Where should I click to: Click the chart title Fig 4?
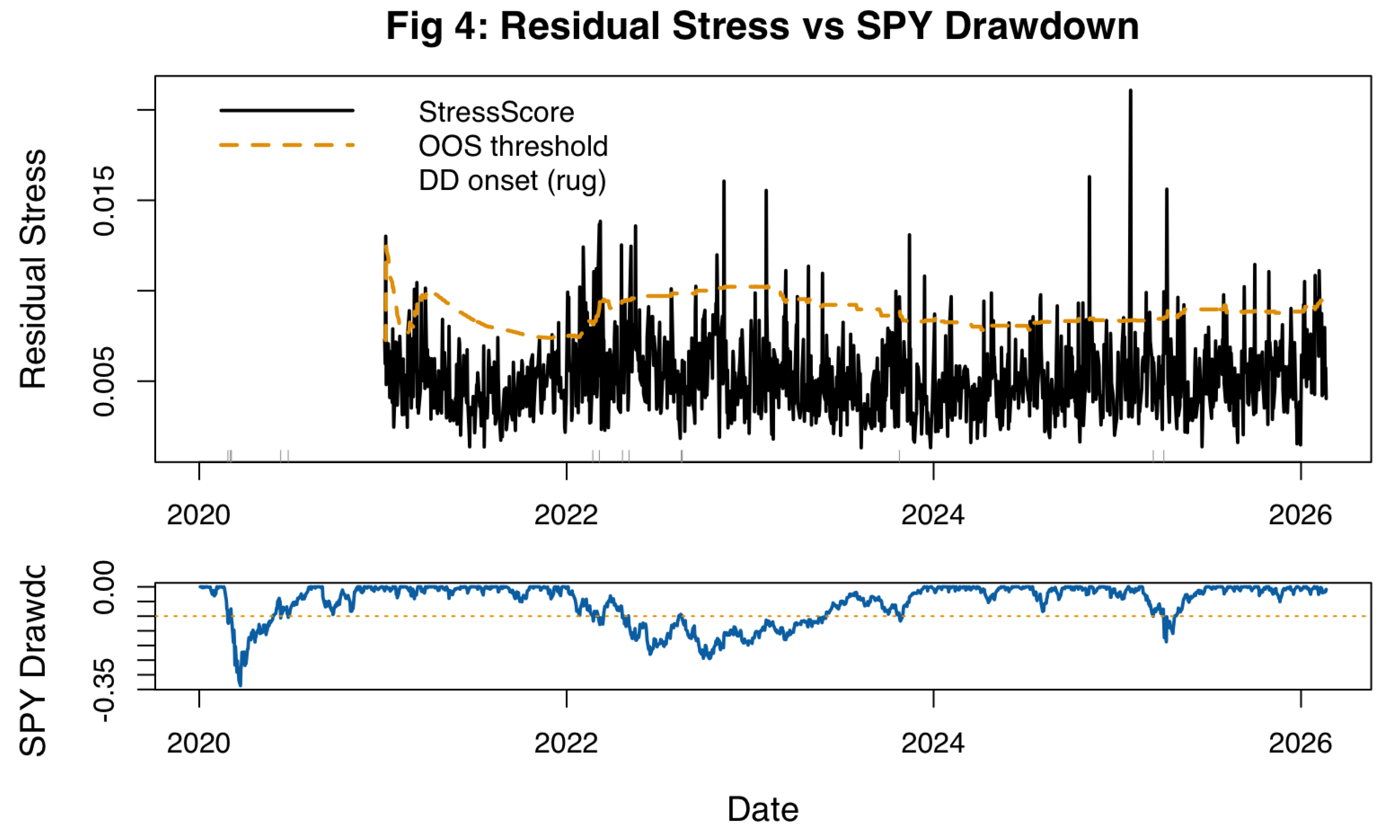(x=762, y=26)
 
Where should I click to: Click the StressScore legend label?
(x=496, y=112)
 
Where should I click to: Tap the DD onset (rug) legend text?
(x=512, y=181)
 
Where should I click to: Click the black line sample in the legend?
(x=287, y=111)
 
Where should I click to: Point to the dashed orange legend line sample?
(x=287, y=145)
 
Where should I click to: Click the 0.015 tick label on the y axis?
(x=104, y=200)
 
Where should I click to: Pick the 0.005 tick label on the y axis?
(x=104, y=381)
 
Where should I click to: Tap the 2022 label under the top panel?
(x=566, y=515)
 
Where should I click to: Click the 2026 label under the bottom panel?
(x=1300, y=743)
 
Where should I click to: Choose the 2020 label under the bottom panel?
(x=198, y=743)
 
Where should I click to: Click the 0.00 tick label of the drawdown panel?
(x=104, y=587)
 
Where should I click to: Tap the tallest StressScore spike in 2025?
(x=1131, y=91)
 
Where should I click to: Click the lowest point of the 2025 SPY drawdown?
(x=1166, y=641)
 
